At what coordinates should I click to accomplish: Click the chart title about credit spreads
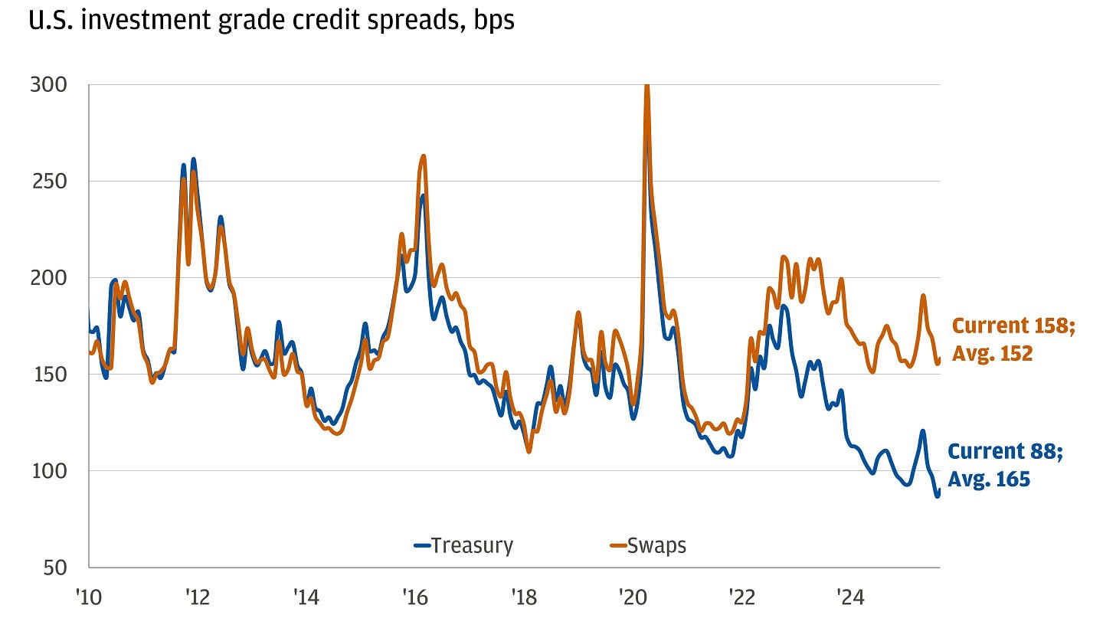(x=271, y=20)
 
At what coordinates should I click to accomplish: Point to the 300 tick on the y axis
(x=47, y=85)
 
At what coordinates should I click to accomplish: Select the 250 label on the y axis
(x=47, y=182)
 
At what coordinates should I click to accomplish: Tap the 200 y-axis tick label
(x=47, y=278)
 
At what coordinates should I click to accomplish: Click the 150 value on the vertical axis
(x=47, y=375)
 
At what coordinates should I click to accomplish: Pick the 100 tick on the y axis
(x=47, y=471)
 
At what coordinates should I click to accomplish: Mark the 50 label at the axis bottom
(x=52, y=568)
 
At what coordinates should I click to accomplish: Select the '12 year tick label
(x=197, y=596)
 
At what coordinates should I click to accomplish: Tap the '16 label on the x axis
(x=414, y=596)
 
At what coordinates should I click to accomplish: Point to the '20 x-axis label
(x=632, y=596)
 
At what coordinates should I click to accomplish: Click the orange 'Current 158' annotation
(x=1013, y=326)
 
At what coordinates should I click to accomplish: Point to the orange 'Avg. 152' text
(x=992, y=353)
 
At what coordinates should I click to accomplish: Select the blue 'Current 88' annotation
(x=1005, y=452)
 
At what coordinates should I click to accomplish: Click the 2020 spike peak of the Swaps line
(x=647, y=87)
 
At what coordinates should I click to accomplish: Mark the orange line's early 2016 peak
(x=424, y=156)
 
